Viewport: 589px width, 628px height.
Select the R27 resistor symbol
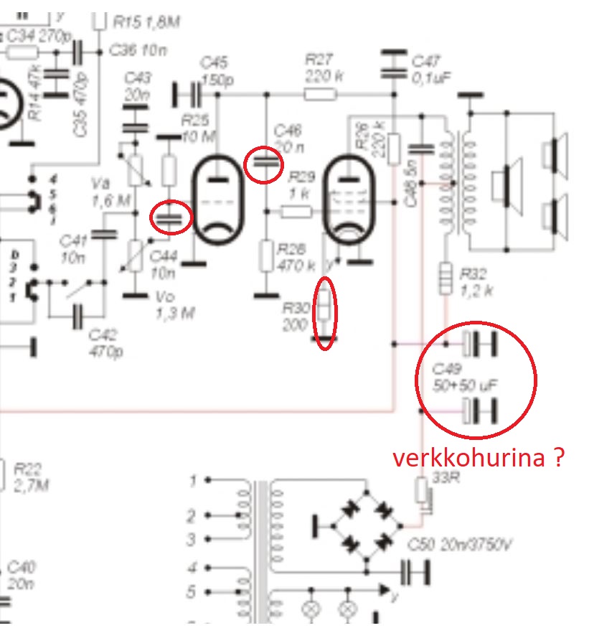(x=319, y=94)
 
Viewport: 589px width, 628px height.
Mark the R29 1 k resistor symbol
(x=295, y=211)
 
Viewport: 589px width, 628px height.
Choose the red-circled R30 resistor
(x=325, y=308)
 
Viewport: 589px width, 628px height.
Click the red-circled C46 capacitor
(x=264, y=164)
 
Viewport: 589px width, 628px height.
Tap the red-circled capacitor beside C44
(x=171, y=217)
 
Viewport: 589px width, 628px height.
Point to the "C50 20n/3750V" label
(x=459, y=547)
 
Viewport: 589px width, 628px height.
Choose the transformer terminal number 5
(x=192, y=592)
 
